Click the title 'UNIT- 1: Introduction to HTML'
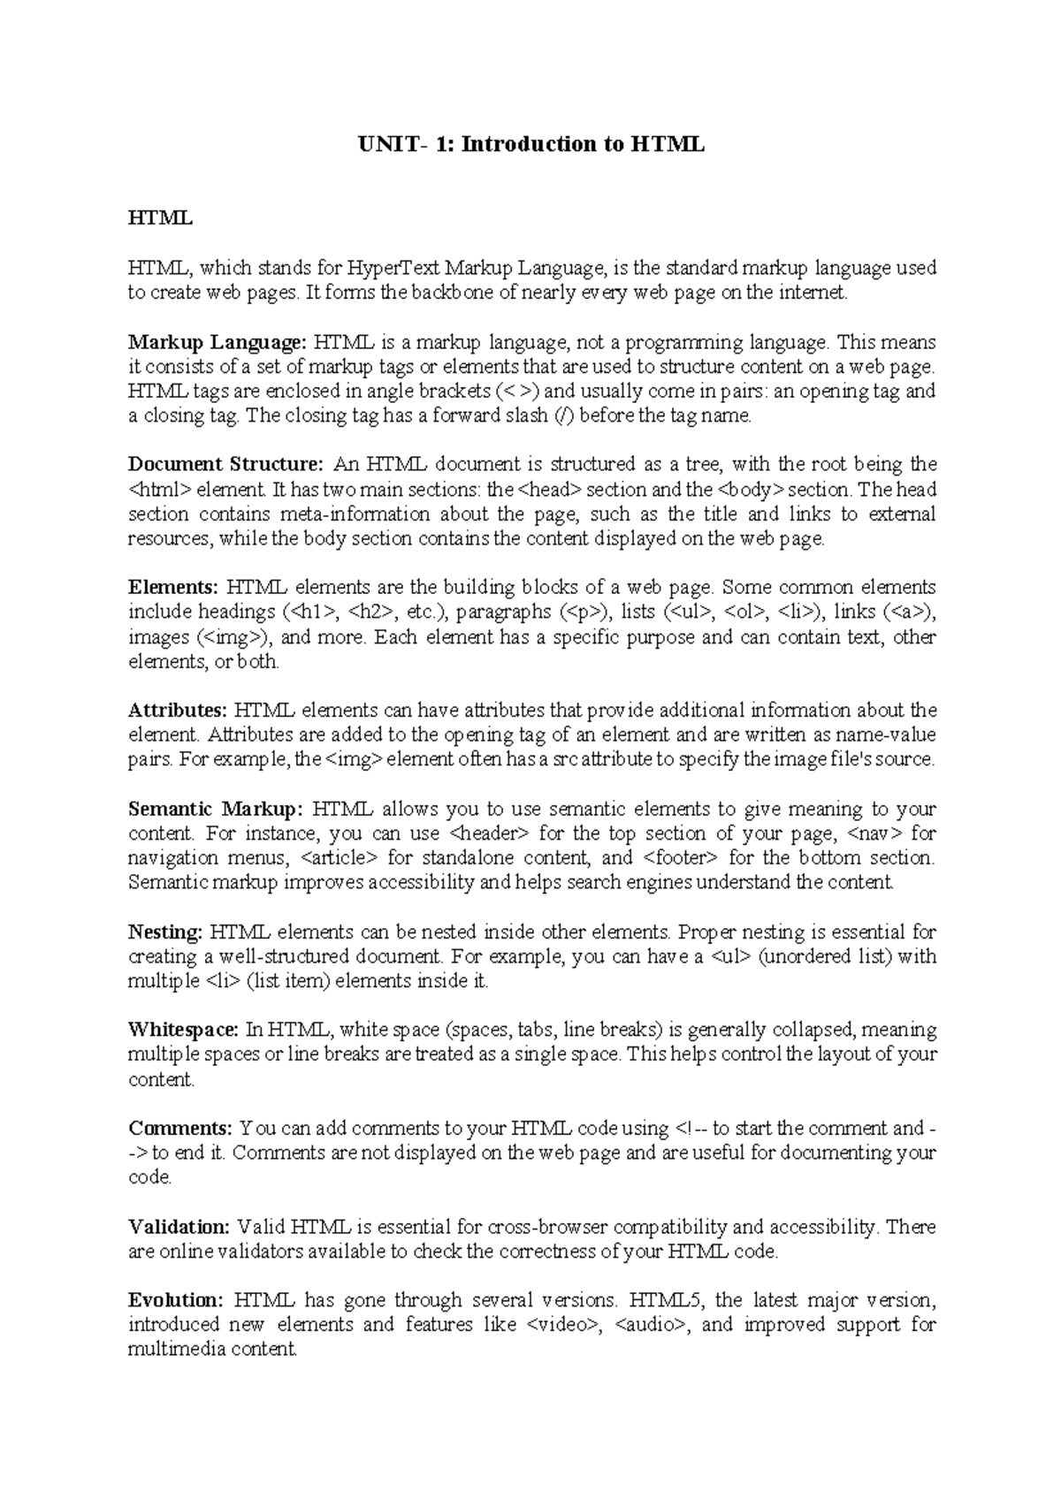(530, 144)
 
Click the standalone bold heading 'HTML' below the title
(160, 217)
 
